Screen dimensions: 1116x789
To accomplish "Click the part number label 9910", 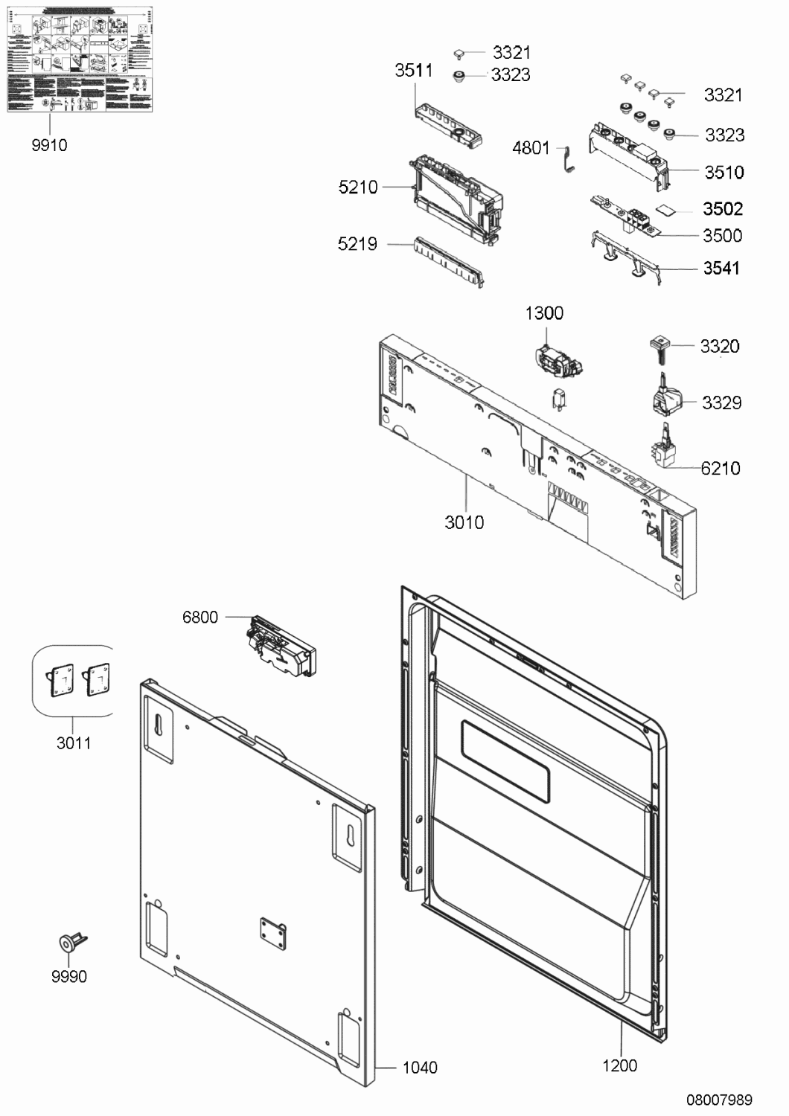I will (49, 145).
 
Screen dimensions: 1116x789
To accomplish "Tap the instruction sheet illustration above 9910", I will (80, 59).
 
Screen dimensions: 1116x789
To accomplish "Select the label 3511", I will (413, 70).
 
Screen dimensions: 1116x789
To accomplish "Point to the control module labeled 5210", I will (454, 197).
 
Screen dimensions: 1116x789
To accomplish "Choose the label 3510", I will (723, 173).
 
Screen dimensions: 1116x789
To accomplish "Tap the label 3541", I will (721, 268).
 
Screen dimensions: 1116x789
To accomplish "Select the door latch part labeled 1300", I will (558, 361).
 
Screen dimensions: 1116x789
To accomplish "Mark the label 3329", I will (721, 403).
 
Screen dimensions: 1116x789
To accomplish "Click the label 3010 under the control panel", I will (464, 522).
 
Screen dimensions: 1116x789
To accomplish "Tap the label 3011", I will (74, 743).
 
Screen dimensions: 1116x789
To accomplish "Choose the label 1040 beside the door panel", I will (420, 1068).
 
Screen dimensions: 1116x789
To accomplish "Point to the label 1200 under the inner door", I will (619, 1065).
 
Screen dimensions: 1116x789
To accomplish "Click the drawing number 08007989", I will (719, 1100).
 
